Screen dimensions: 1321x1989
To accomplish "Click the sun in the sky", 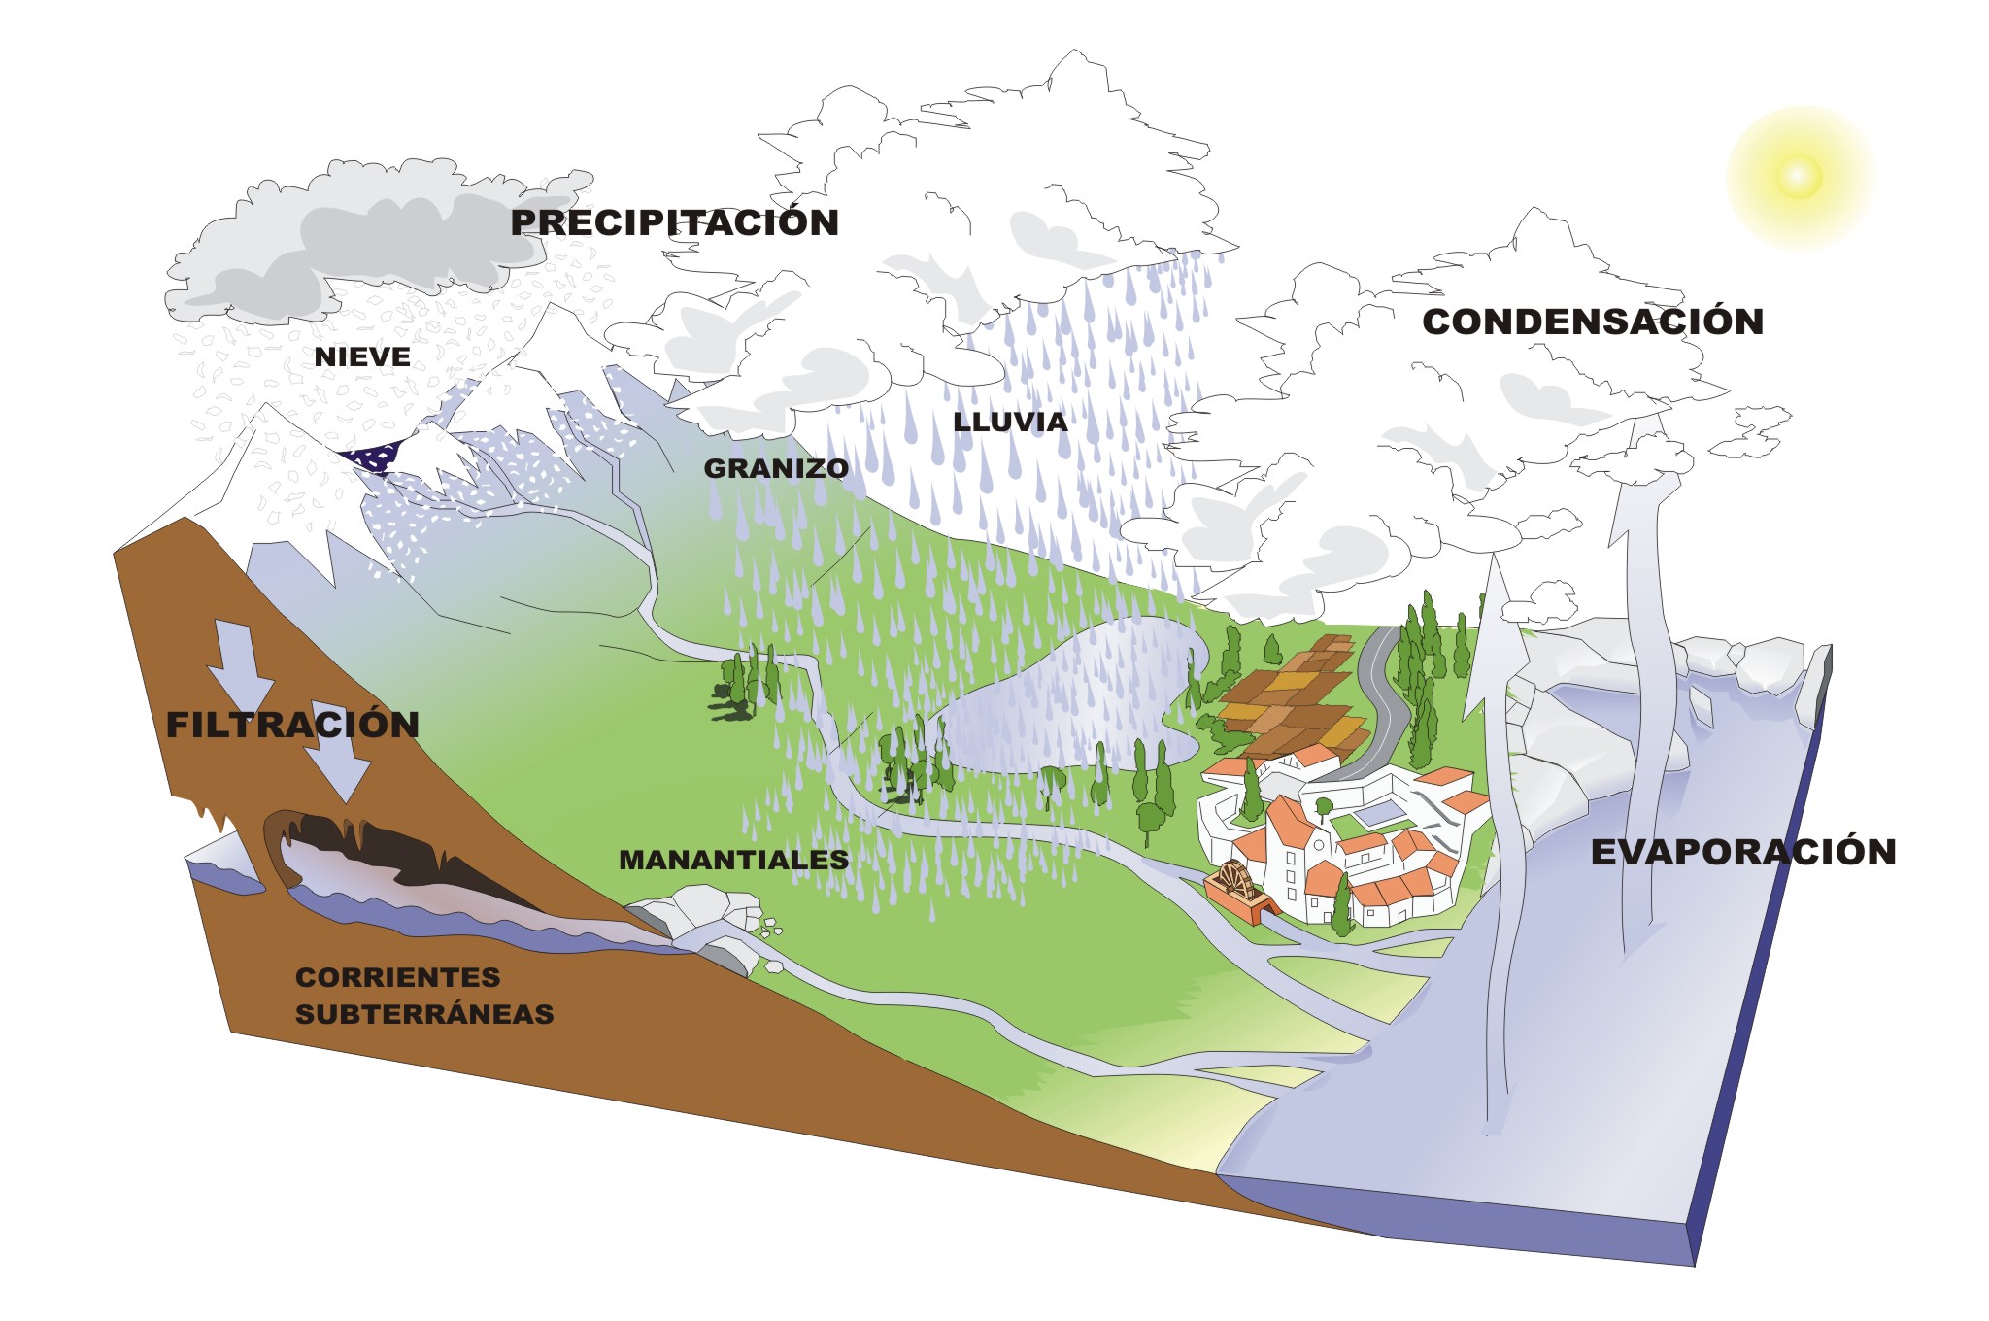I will tap(1798, 177).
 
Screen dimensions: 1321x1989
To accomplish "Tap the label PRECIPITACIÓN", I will tap(675, 222).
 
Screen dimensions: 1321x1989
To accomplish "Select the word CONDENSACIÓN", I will tap(1593, 322).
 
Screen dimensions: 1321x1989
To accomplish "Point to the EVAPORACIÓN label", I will tap(1743, 852).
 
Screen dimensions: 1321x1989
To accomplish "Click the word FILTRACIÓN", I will tap(292, 725).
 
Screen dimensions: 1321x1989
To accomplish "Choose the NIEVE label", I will tap(362, 357).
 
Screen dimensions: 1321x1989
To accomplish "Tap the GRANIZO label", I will tap(776, 468).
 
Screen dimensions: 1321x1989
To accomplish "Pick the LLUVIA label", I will tap(1010, 422).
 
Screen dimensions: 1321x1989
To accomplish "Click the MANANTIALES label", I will tap(733, 860).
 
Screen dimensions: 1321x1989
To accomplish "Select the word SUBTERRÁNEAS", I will tap(424, 1014).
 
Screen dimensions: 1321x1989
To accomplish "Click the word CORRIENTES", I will tap(398, 977).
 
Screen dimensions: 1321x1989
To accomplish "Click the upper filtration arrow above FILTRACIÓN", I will tap(236, 660).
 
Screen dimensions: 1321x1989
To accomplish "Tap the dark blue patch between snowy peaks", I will tap(374, 455).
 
